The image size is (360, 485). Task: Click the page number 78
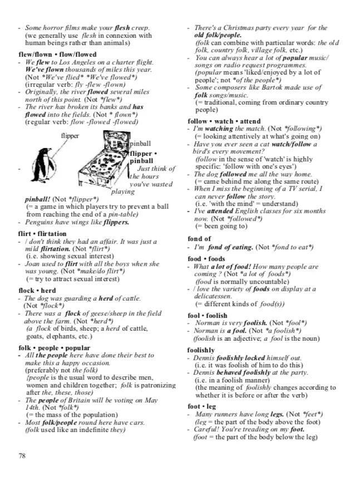22,455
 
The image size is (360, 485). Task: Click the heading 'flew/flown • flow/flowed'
57,55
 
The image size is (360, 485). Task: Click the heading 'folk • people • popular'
53,347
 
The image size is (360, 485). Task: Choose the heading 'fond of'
200,239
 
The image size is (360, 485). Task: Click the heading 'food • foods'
206,259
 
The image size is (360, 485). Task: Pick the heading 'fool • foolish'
208,316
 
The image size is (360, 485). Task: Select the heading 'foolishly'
201,350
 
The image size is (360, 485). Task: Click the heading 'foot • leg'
203,406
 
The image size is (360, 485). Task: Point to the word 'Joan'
32,264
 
